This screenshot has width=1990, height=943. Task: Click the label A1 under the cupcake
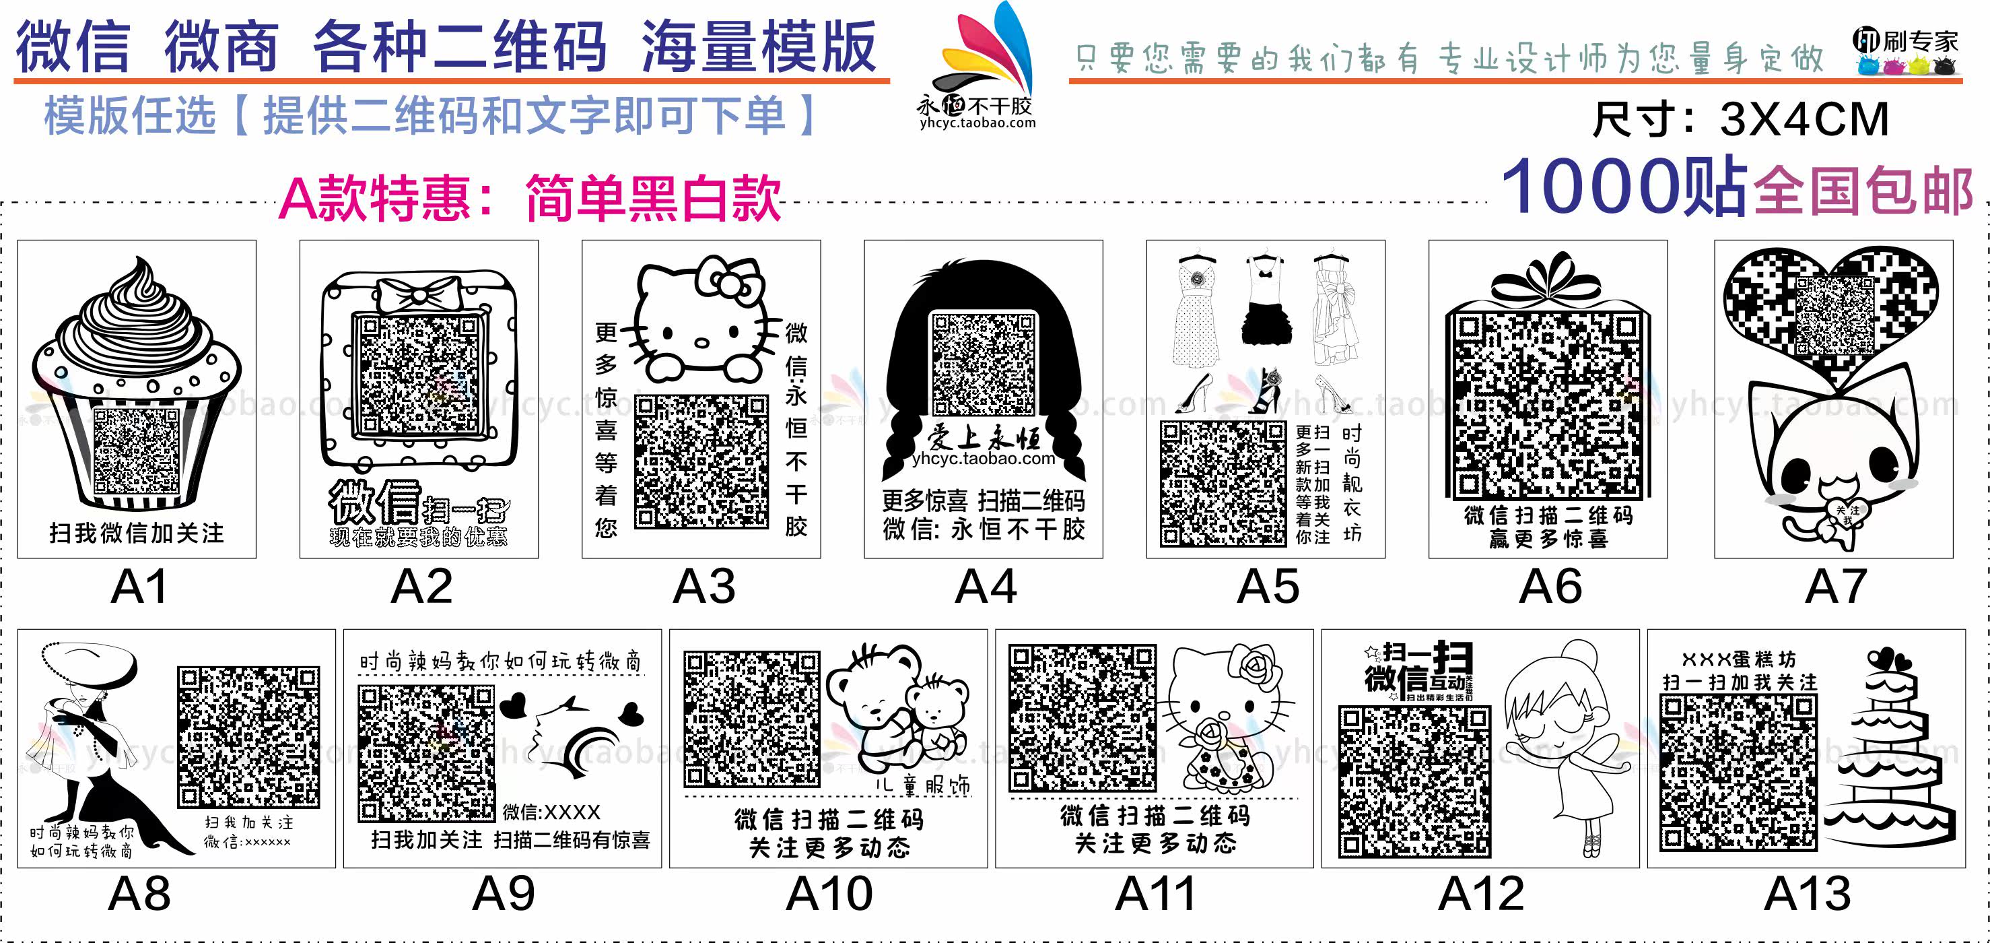(139, 587)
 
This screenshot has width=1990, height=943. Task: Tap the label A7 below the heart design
(1835, 587)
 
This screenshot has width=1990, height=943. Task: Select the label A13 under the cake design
(1807, 895)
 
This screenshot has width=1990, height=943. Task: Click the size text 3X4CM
(1804, 120)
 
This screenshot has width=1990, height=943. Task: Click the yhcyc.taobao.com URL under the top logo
(978, 123)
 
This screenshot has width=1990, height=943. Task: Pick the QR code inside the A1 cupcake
(136, 450)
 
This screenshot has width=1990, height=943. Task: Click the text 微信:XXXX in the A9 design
(551, 812)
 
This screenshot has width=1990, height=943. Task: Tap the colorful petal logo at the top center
(989, 51)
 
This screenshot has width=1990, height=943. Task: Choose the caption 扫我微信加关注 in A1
(137, 533)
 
